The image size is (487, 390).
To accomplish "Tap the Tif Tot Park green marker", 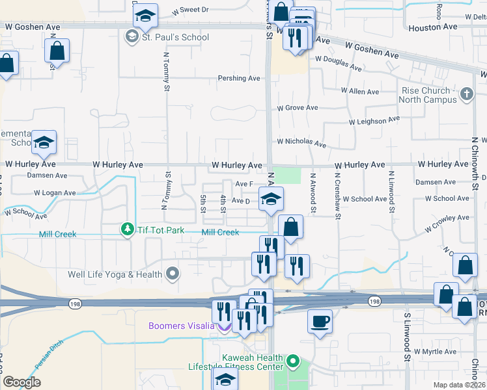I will click(x=126, y=229).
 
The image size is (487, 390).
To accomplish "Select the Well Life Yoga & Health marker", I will click(x=173, y=274).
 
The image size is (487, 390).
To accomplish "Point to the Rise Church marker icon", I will click(x=466, y=95).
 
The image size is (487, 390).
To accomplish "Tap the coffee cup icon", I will click(x=319, y=321).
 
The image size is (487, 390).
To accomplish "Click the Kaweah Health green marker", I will click(x=293, y=359).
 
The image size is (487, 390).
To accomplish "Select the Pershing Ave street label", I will click(x=239, y=79).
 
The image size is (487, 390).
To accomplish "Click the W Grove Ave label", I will click(x=298, y=108).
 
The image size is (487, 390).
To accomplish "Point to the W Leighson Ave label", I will click(x=374, y=121).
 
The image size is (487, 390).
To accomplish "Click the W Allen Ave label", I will click(x=364, y=92).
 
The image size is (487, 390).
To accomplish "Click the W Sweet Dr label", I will click(x=191, y=10).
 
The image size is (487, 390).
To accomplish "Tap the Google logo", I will click(x=21, y=382).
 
